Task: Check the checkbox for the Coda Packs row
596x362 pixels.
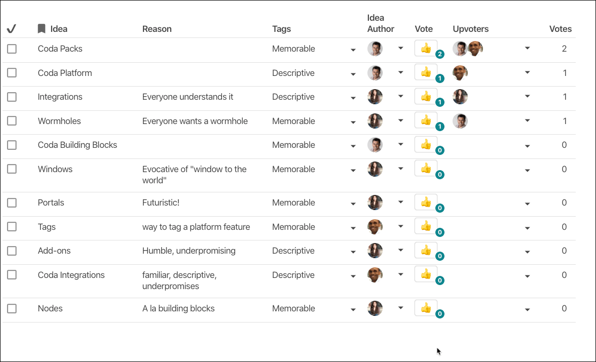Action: (x=12, y=49)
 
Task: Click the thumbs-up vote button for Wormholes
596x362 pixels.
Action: (x=426, y=120)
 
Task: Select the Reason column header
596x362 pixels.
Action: (x=157, y=29)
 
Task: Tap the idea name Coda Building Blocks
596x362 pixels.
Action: (x=77, y=145)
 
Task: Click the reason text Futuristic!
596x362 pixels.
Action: (x=161, y=203)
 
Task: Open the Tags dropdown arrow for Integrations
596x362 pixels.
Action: (x=353, y=98)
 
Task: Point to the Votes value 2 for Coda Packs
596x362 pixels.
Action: (x=564, y=49)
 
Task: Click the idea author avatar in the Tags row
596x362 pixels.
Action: (x=375, y=227)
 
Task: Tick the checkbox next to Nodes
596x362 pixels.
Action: (x=12, y=308)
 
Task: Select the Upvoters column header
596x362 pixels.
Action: (x=470, y=29)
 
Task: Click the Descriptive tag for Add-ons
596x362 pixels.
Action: (x=293, y=251)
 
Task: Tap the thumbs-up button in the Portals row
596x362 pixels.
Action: (x=426, y=202)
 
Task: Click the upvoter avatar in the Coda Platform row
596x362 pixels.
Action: (x=460, y=73)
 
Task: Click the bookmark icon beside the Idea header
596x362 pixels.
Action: (x=42, y=29)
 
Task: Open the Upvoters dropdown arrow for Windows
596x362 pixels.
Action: (x=527, y=171)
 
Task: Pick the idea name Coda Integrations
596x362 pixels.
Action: (x=71, y=275)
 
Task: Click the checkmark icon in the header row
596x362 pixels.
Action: (x=12, y=29)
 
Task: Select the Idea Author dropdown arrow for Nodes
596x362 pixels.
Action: (x=400, y=308)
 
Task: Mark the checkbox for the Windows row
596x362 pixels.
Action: (x=12, y=169)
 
